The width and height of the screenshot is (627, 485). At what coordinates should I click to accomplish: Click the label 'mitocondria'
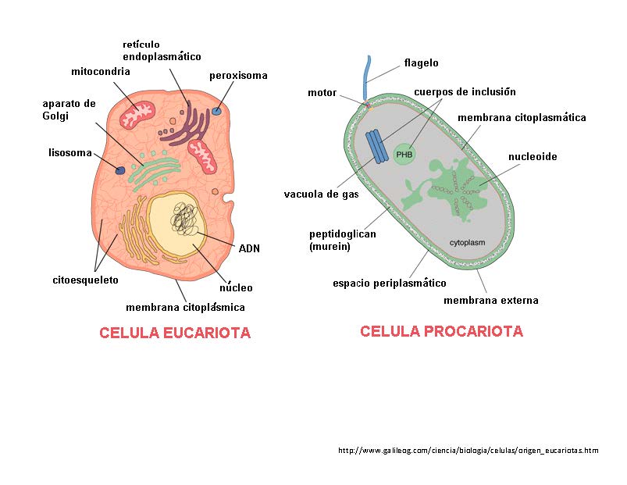tap(100, 72)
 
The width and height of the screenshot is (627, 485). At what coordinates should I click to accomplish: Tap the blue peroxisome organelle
tap(217, 111)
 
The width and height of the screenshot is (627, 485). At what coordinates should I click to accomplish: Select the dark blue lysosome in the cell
tap(121, 169)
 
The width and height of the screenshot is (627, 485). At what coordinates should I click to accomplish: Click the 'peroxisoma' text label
tap(238, 76)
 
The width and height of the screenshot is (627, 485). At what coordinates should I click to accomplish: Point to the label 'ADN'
tap(249, 248)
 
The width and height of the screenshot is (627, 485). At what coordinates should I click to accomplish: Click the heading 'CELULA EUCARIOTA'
tap(175, 333)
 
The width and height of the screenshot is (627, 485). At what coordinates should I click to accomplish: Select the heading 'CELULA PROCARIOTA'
tap(441, 332)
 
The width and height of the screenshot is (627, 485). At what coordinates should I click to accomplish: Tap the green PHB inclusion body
tap(404, 155)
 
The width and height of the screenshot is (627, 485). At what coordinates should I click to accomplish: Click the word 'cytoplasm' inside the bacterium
tap(467, 242)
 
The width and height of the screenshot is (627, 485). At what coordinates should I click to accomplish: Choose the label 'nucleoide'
tap(533, 156)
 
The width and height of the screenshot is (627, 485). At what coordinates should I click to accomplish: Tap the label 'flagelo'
tap(421, 62)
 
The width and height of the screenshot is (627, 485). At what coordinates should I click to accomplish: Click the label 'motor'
tap(322, 93)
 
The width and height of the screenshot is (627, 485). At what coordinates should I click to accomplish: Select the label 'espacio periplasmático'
tap(389, 283)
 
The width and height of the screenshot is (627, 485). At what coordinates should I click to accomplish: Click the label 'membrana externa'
tap(490, 300)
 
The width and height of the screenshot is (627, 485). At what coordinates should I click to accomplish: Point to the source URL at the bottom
tap(468, 450)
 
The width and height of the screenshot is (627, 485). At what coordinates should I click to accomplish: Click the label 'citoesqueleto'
tap(85, 279)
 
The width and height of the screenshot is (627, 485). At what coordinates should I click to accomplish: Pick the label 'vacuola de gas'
tap(321, 194)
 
